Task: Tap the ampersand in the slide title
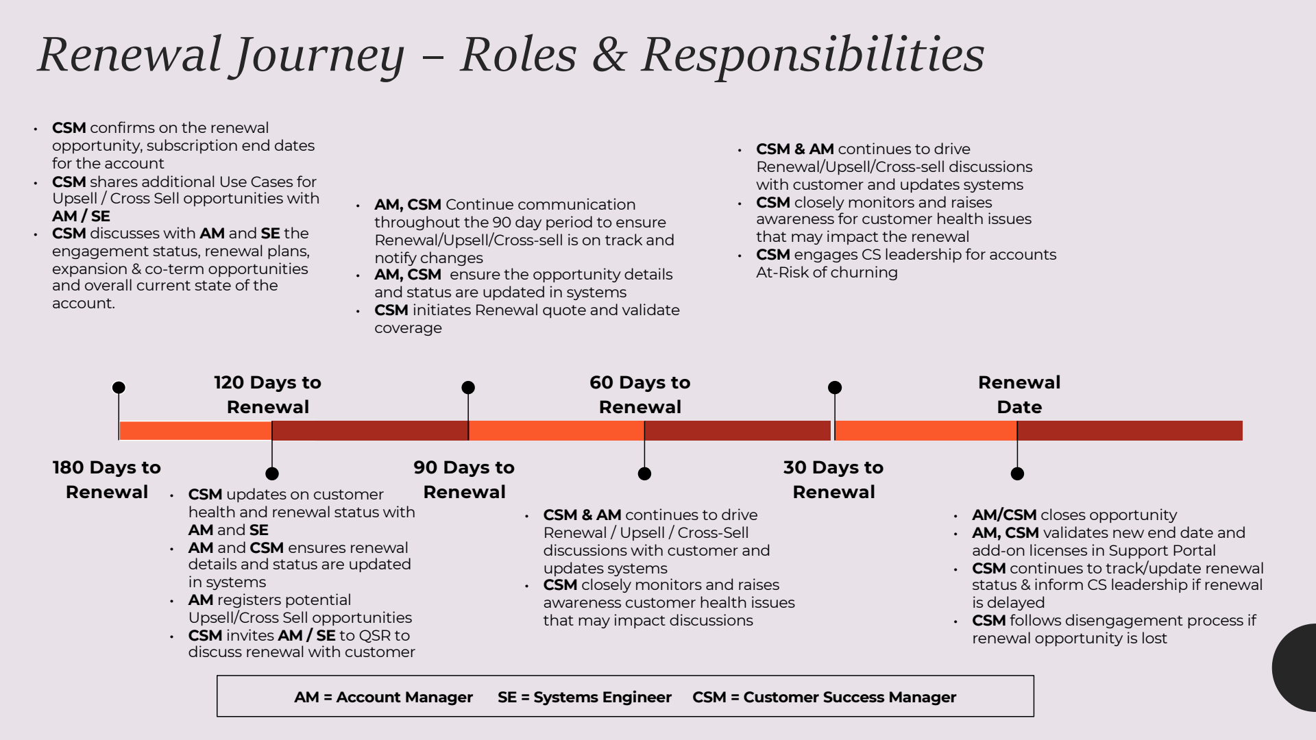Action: coord(609,55)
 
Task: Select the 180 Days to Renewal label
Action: coord(107,480)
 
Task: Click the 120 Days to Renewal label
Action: coord(267,395)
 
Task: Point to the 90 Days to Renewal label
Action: coord(464,480)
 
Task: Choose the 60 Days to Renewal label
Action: coord(639,395)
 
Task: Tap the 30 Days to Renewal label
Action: coord(833,480)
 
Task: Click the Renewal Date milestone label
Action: coord(1019,395)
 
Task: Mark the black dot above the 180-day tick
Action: coord(119,388)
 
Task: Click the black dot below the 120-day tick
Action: coord(272,473)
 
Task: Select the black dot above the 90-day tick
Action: coord(468,388)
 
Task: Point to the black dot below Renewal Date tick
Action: coord(1017,473)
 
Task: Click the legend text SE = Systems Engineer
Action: coord(585,698)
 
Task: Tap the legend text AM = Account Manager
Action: coord(383,698)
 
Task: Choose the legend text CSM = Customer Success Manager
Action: coord(824,698)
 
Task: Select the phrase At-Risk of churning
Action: coord(827,273)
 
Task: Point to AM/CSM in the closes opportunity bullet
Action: coord(1004,515)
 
